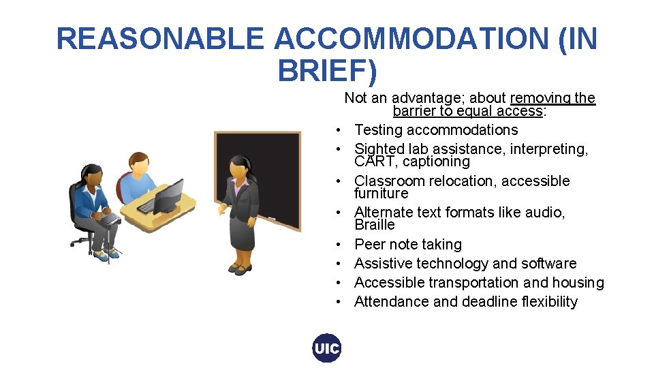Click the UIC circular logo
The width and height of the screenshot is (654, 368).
tap(326, 348)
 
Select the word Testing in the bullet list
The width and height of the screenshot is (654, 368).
tap(379, 130)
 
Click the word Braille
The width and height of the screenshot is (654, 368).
tap(375, 225)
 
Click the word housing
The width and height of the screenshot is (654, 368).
tap(578, 283)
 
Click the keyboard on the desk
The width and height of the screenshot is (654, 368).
tap(147, 205)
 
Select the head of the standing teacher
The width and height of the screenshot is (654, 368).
tap(241, 166)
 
